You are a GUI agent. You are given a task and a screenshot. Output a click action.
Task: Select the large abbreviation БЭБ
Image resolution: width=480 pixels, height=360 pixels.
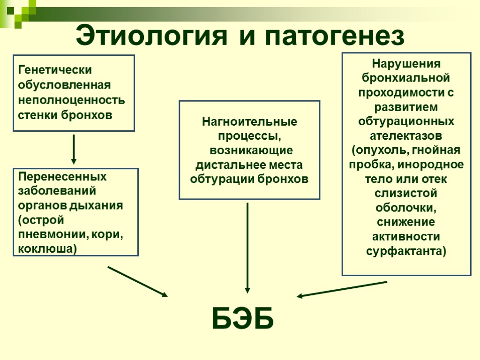243,319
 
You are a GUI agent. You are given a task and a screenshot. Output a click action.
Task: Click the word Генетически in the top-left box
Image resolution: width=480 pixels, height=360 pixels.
55,70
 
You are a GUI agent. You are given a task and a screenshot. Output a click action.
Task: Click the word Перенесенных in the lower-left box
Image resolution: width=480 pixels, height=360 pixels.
62,177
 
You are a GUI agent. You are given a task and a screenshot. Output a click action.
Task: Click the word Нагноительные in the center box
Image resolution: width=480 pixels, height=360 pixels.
249,122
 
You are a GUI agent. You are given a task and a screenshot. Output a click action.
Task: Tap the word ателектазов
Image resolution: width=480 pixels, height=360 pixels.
406,136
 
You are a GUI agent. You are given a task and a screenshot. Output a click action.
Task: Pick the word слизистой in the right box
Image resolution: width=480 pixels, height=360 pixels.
406,193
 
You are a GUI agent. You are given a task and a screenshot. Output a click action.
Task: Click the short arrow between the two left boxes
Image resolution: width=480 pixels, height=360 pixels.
74,149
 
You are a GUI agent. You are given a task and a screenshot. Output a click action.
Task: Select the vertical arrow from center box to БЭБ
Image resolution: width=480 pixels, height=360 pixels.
247,248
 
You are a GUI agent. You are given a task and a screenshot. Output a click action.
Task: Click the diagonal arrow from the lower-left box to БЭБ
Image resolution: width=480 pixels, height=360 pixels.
137,281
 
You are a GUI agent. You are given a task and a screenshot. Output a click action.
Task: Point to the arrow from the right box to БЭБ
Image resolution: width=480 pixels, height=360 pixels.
342,289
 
